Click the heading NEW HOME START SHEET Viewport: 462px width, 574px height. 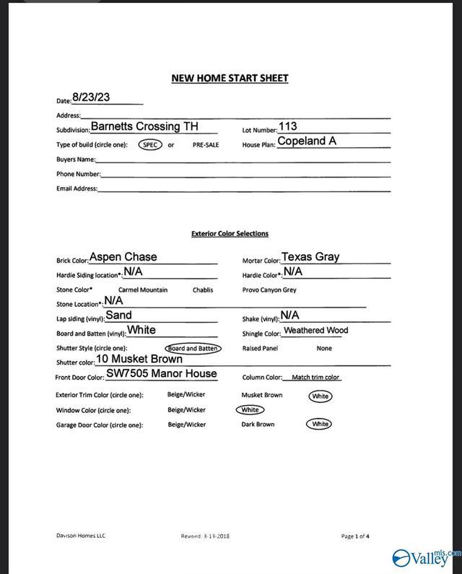tap(230, 78)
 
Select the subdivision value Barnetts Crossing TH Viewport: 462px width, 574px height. tap(144, 126)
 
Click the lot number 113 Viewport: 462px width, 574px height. tap(287, 126)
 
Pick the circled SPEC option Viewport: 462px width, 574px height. tap(150, 144)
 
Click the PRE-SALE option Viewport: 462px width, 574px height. tap(206, 145)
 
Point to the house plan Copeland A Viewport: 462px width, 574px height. tap(307, 141)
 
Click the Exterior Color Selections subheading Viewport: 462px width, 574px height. tap(230, 234)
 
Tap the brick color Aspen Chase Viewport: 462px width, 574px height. tap(123, 257)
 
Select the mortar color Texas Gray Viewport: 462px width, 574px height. tap(310, 256)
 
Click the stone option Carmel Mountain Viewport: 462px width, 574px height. tap(143, 290)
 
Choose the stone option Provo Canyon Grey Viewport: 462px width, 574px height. tap(269, 290)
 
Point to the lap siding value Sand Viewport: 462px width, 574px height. tap(119, 315)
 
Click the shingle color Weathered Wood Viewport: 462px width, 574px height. tap(316, 331)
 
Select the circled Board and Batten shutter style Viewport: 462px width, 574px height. tap(192, 349)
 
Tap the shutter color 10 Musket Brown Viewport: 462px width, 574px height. tap(139, 359)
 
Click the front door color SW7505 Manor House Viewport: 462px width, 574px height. tap(161, 373)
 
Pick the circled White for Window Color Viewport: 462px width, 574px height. tap(250, 410)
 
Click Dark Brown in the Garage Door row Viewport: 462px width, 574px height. tap(258, 425)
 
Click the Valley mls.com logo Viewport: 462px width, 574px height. tap(426, 557)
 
